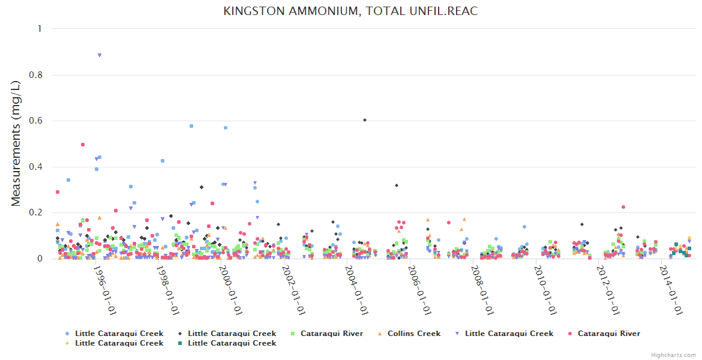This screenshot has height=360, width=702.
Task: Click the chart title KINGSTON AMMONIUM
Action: click(x=350, y=11)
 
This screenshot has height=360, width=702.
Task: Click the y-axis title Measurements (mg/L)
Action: click(x=16, y=143)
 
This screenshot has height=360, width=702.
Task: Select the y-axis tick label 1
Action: click(x=40, y=29)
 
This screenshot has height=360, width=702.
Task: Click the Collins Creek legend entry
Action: click(x=413, y=334)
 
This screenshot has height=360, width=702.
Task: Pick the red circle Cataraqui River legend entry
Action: click(x=608, y=334)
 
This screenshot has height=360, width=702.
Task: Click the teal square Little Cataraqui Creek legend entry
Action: click(x=232, y=343)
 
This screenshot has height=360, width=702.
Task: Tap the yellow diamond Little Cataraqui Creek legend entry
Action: click(x=119, y=343)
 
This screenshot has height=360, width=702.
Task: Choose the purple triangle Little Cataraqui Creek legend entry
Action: click(x=509, y=334)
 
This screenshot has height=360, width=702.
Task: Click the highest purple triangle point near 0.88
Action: click(x=100, y=55)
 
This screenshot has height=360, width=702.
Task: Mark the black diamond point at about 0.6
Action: click(x=365, y=120)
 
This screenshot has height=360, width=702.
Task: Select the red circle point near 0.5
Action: click(x=83, y=145)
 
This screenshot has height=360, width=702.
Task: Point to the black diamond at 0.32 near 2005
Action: click(x=397, y=185)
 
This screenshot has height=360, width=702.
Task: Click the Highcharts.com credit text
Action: click(x=674, y=355)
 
